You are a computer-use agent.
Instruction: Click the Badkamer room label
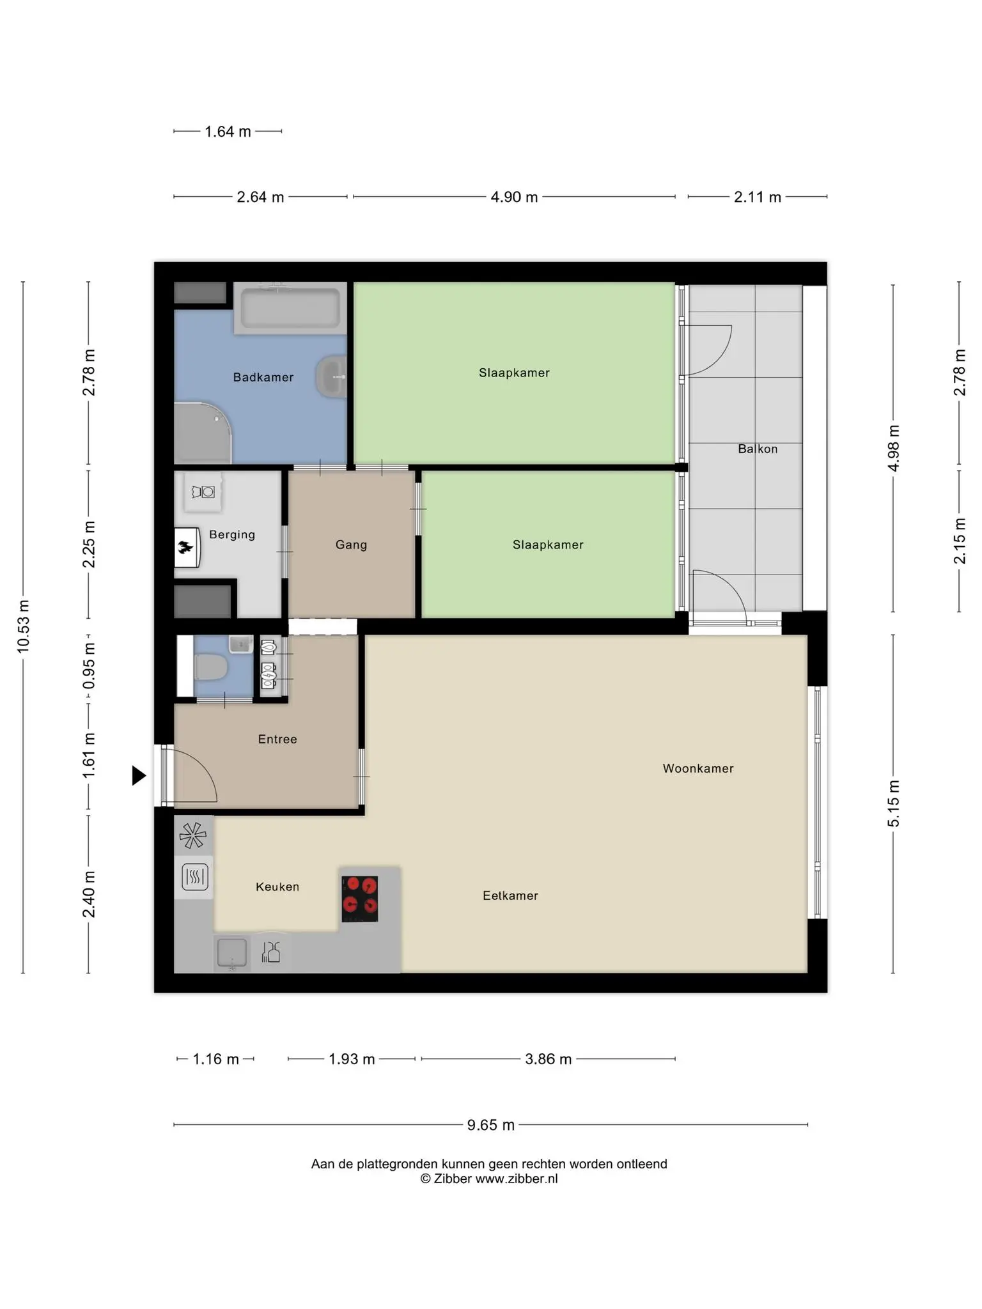[263, 377]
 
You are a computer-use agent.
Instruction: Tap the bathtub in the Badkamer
[290, 307]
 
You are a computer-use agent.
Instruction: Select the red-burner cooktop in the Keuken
[359, 899]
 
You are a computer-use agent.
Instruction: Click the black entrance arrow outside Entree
[139, 775]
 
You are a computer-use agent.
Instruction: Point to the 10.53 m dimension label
[24, 626]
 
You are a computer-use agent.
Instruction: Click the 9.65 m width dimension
[490, 1125]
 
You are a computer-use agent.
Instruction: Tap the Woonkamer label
[698, 768]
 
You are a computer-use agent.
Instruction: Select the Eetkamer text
[510, 895]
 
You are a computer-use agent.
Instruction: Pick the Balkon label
[758, 449]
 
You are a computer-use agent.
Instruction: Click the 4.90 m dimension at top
[514, 197]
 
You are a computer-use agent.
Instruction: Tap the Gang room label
[351, 545]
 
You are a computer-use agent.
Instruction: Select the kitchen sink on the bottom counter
[231, 952]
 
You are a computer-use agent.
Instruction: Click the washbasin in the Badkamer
[331, 376]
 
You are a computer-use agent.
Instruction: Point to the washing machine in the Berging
[203, 492]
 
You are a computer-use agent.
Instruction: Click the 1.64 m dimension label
[228, 132]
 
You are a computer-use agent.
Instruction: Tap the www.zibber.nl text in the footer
[517, 1179]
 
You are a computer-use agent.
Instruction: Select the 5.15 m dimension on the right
[893, 804]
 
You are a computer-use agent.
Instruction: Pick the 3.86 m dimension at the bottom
[548, 1059]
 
